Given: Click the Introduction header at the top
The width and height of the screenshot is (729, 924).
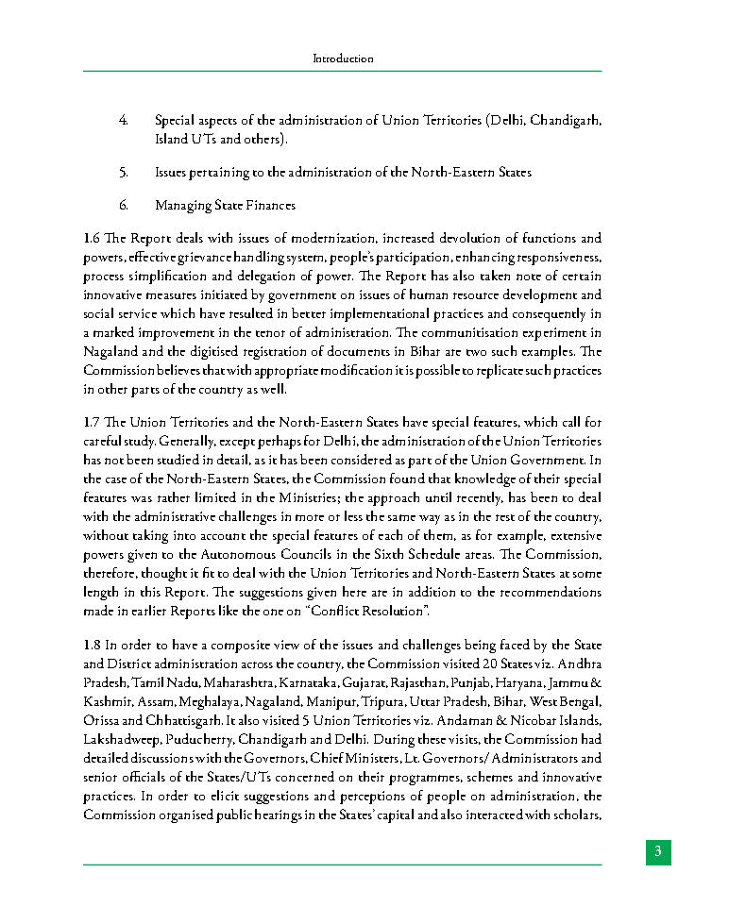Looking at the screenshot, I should pos(343,59).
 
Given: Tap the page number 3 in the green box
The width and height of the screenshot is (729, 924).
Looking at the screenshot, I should pos(658,851).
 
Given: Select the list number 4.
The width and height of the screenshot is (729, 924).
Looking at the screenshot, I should pos(124,121).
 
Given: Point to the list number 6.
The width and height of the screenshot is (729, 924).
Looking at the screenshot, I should pos(124,205).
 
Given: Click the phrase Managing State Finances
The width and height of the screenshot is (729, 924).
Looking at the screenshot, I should pos(225,205).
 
